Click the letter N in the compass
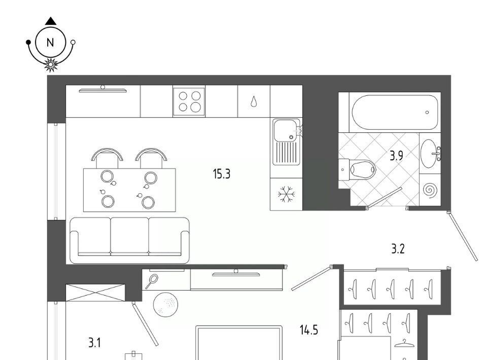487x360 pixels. click(x=50, y=43)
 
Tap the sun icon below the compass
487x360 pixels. click(x=50, y=64)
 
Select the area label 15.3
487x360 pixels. click(x=222, y=174)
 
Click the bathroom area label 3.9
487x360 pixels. click(x=397, y=156)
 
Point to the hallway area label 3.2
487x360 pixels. click(x=398, y=249)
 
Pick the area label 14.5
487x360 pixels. click(x=309, y=330)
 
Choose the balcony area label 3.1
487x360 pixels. click(x=94, y=343)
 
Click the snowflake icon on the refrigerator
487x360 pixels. click(x=286, y=194)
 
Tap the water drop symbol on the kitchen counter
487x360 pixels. click(x=254, y=101)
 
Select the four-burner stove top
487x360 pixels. click(x=189, y=101)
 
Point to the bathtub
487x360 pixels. click(x=395, y=113)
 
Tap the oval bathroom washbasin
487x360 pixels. click(x=429, y=154)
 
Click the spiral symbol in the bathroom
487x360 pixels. click(x=430, y=190)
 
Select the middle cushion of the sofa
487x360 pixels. click(x=129, y=236)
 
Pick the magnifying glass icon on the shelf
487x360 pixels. click(x=152, y=281)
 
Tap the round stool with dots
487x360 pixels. click(x=166, y=304)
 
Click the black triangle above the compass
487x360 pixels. click(x=51, y=21)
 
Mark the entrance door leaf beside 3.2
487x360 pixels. click(x=463, y=236)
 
